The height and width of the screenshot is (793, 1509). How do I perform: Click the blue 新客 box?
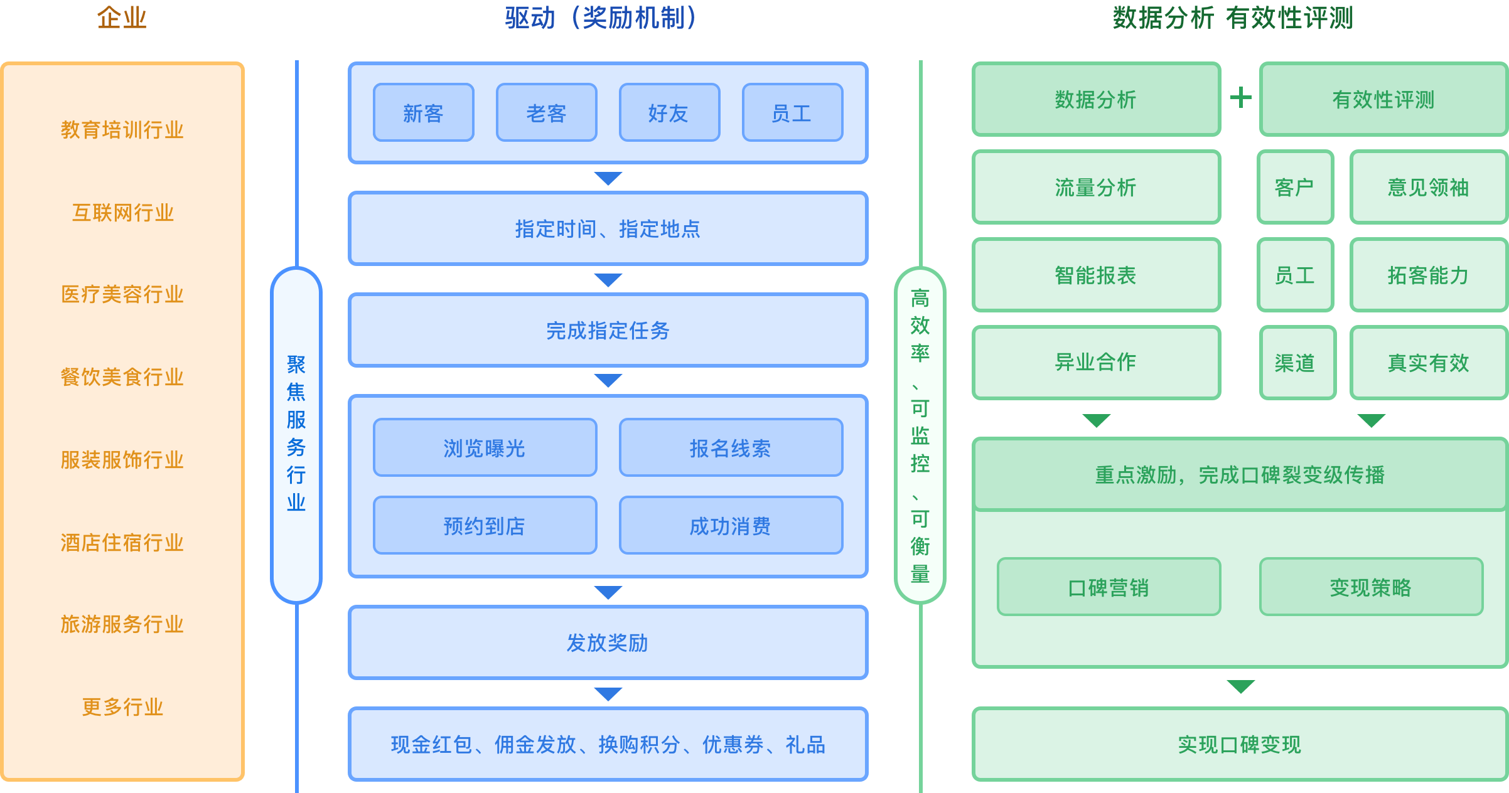click(x=423, y=113)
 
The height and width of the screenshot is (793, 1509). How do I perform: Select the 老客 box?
click(x=546, y=113)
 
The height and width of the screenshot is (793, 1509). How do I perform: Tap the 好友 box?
click(x=669, y=113)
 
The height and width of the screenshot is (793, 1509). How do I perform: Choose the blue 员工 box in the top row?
click(x=792, y=113)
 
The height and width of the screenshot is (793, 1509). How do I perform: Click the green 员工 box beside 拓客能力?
click(x=1295, y=275)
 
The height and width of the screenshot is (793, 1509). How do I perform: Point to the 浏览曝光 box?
click(x=485, y=448)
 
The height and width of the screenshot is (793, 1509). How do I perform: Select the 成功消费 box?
click(x=731, y=526)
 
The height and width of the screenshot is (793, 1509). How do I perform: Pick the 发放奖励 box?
click(x=608, y=642)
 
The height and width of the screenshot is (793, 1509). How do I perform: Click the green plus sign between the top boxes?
click(x=1240, y=98)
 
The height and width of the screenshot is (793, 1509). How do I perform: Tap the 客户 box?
click(x=1295, y=187)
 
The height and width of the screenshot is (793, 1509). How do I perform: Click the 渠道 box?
click(x=1297, y=363)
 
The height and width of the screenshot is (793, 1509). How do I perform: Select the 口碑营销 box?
click(x=1109, y=587)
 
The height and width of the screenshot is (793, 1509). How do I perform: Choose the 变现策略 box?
click(x=1371, y=587)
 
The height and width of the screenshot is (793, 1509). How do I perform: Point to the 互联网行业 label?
click(x=122, y=213)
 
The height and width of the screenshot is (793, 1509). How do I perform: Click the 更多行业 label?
click(x=122, y=707)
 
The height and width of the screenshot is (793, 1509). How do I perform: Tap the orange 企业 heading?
click(x=122, y=18)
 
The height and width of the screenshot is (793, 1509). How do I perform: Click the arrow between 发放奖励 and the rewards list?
click(x=608, y=694)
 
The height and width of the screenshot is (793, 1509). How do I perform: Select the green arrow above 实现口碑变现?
click(x=1240, y=686)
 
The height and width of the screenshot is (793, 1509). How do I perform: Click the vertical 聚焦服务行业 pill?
click(x=296, y=434)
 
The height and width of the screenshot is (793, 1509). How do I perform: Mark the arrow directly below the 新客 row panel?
click(x=608, y=179)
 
